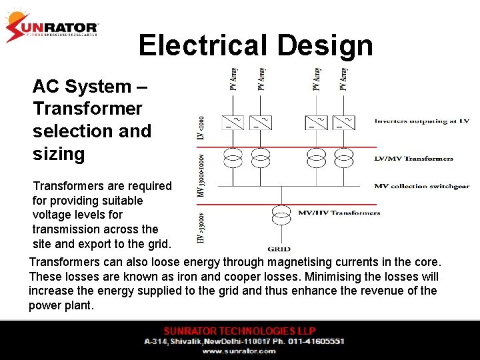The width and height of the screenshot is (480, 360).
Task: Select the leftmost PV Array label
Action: point(233,79)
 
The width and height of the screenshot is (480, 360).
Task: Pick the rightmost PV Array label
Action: point(344,79)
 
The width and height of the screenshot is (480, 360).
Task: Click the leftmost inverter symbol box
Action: point(233,123)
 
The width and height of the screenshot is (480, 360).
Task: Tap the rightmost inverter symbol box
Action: point(344,123)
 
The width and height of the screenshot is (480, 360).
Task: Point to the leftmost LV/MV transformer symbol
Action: point(233,159)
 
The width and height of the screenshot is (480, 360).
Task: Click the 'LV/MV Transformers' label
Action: point(413,159)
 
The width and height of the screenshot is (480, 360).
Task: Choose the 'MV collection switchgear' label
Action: point(418,187)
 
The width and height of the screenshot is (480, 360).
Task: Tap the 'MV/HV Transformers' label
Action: point(339,213)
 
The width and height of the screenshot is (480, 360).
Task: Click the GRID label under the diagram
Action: point(279,249)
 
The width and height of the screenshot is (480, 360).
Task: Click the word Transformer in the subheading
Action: point(87,109)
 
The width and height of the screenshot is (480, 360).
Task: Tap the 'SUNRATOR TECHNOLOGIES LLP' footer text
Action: point(240,331)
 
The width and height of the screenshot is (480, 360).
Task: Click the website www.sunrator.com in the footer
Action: point(239,351)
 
